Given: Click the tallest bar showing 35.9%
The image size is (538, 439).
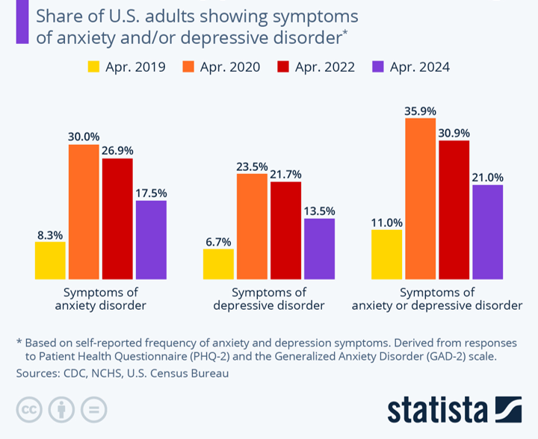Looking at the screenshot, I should [x=420, y=198].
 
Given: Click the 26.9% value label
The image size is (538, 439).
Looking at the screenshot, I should [x=117, y=150].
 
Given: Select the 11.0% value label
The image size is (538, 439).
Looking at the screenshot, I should [x=386, y=222].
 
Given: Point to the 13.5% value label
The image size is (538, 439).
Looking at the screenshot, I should [x=319, y=211].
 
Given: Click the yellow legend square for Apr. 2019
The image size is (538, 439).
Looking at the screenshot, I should [x=94, y=66].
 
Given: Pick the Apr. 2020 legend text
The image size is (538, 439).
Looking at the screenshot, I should [x=230, y=66].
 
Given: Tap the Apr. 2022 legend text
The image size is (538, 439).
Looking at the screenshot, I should [x=326, y=66].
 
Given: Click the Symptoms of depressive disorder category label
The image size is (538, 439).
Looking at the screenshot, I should [x=269, y=299].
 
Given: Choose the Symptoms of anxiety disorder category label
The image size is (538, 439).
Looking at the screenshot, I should [x=101, y=299].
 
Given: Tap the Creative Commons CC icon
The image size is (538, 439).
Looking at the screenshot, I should [x=29, y=409].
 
